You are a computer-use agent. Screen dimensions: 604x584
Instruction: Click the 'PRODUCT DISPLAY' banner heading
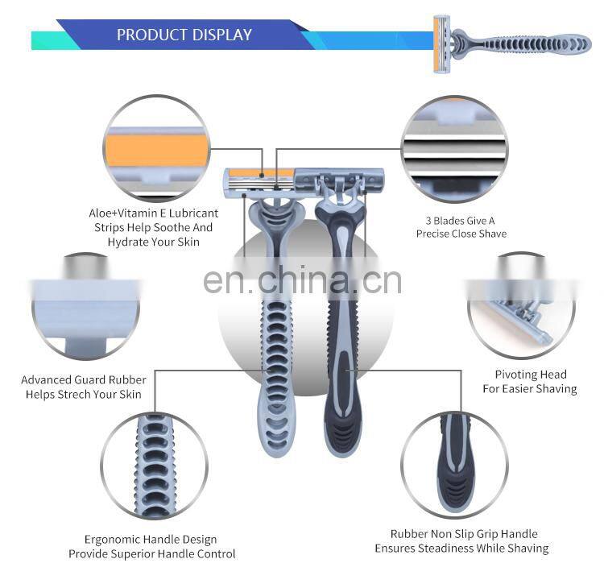coord(184,35)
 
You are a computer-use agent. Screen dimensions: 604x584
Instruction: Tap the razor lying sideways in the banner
coord(511,44)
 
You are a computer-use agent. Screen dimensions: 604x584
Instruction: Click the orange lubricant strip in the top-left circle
coord(157,151)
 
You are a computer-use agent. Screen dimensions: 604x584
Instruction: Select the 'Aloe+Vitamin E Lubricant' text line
coord(153,213)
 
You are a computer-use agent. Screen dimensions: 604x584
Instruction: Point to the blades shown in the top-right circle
coord(454,159)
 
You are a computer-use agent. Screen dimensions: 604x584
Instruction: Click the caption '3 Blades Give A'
coord(460,221)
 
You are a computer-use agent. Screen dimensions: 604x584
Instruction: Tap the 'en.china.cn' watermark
coord(302,280)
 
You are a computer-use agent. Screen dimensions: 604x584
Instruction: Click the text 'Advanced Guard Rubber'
coord(84,380)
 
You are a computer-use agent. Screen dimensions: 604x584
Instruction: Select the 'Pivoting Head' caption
coord(531,375)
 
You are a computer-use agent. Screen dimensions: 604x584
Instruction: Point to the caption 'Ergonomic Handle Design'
coord(151,540)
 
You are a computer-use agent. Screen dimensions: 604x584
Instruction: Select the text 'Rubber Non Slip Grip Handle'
coord(464,534)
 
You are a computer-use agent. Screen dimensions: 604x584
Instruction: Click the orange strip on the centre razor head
coord(261,173)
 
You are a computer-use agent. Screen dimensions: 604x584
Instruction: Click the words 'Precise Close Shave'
coord(461,234)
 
